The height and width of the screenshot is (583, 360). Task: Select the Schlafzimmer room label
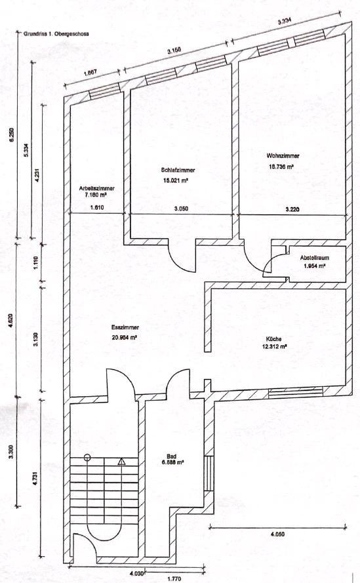(178, 169)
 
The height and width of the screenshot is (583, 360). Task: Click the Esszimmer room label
(125, 327)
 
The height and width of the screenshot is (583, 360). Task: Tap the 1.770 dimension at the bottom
(173, 579)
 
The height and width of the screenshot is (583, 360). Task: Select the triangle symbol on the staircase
(121, 462)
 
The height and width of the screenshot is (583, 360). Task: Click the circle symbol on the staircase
(87, 458)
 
